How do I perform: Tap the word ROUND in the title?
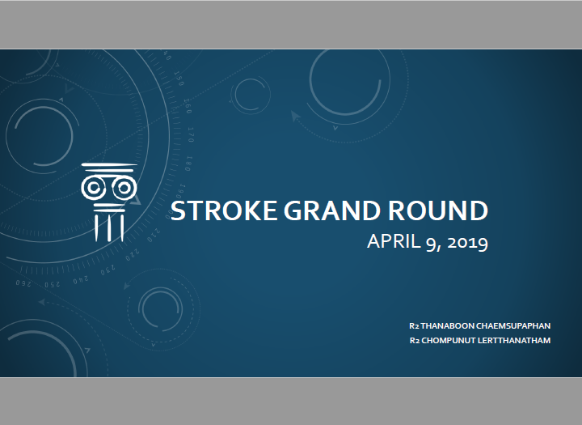point(438,210)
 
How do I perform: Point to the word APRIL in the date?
point(394,241)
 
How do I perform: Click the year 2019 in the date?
point(468,242)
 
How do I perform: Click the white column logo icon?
point(109,202)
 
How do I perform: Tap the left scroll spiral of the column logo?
point(94,188)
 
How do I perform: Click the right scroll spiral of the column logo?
point(124,188)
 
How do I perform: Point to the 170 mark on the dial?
point(191,134)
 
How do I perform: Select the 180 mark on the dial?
point(188,164)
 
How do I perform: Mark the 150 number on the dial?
point(179,78)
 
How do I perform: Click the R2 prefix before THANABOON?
point(414,326)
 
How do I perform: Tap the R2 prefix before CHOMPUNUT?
point(415,341)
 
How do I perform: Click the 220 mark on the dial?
point(133,256)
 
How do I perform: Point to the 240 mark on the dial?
point(81,279)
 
